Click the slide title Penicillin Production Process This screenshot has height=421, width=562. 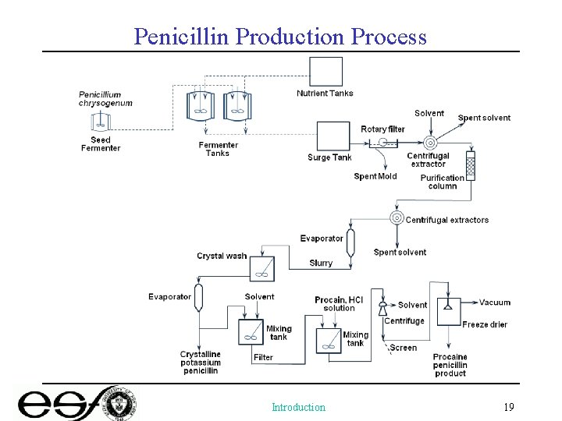coord(280,36)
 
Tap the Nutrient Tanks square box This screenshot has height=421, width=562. coord(325,72)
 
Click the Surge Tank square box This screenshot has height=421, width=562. coord(333,136)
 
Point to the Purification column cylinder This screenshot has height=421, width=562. coord(470,166)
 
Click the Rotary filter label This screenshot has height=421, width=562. coord(382,129)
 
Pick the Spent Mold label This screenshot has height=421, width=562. coord(375,176)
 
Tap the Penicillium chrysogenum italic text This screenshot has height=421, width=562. coord(105,99)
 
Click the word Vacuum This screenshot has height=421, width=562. coord(495,302)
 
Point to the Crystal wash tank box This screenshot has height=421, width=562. coord(261,269)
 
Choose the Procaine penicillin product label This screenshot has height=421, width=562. coord(450,365)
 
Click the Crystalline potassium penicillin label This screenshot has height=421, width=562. coord(201,363)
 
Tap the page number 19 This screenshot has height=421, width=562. coord(508,407)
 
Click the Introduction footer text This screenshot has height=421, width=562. coord(298,407)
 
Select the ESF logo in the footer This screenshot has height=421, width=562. coord(78,404)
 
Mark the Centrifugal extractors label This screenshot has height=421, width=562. coord(446,220)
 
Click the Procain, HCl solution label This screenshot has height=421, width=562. coord(339,304)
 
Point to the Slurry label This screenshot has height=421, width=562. coord(321,263)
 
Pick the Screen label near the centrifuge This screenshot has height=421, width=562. coord(404,348)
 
